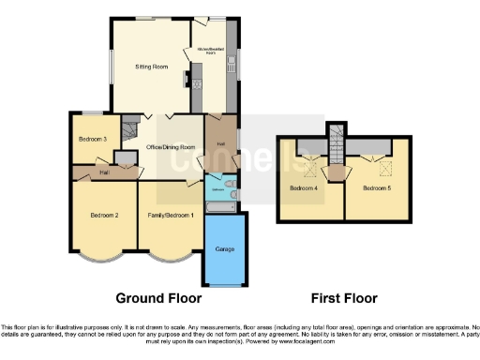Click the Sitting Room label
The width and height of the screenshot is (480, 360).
tap(152, 68)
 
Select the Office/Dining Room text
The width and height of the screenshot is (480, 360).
tap(170, 147)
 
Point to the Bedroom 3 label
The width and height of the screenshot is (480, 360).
tap(92, 140)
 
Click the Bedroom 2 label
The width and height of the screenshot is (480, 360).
tap(103, 216)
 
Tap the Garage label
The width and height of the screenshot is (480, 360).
tap(225, 250)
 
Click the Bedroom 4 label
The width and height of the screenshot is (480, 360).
tap(303, 188)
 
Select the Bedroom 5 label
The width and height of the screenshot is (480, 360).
tap(377, 188)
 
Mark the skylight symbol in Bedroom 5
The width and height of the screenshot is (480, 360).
tap(382, 169)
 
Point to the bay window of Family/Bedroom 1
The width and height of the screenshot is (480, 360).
tap(172, 257)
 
